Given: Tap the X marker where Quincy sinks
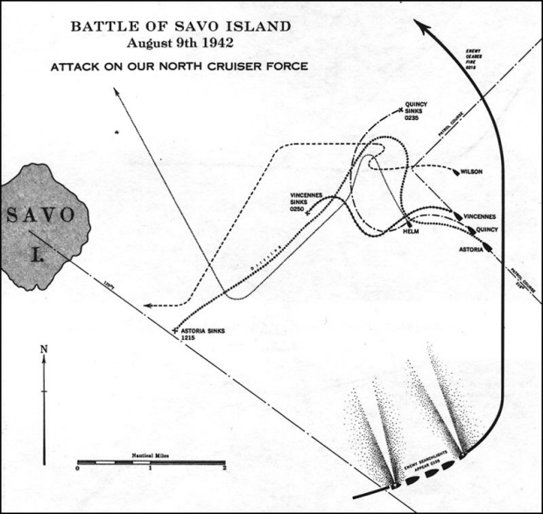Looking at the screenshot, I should (x=400, y=109).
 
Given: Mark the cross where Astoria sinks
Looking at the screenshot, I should (x=176, y=330).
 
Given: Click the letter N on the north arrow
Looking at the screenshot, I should (x=45, y=350).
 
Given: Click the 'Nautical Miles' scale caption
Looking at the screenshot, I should (x=150, y=455).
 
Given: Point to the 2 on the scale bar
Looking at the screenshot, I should (x=225, y=469).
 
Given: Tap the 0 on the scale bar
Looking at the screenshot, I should (x=78, y=469).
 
